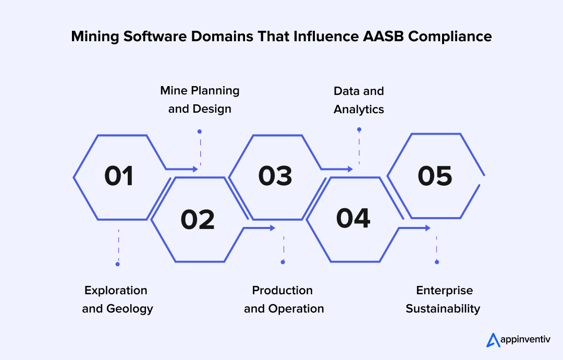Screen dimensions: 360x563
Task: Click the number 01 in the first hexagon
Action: (x=119, y=176)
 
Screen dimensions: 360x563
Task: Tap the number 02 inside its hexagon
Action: (x=198, y=220)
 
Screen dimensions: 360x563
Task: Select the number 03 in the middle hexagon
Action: (x=275, y=176)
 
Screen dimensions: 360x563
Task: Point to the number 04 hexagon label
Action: (x=353, y=219)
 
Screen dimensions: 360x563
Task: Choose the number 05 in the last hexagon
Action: (x=435, y=176)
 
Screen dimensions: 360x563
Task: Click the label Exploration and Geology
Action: (x=117, y=299)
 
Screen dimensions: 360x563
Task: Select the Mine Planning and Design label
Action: (x=200, y=100)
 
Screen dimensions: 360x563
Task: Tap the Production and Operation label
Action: (x=284, y=299)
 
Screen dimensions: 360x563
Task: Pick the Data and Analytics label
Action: (x=359, y=100)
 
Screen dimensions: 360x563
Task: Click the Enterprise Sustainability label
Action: (x=443, y=299)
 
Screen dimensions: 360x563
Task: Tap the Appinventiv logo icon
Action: (x=493, y=340)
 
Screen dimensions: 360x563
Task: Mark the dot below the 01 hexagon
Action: (x=118, y=264)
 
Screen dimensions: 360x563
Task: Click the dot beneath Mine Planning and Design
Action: (x=199, y=131)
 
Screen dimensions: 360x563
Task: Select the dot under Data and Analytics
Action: (x=359, y=129)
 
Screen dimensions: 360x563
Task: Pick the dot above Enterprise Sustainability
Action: (x=437, y=262)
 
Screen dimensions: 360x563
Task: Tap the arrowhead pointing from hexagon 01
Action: (x=195, y=169)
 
